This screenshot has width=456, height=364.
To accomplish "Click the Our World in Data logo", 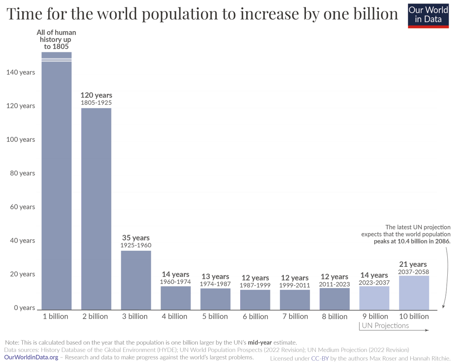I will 428,16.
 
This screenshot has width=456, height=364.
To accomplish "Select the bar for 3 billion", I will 136,280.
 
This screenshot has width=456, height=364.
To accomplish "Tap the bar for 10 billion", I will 414,292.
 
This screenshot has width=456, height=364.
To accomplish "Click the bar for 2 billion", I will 96,209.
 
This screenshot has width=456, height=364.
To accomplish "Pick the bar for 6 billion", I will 255,299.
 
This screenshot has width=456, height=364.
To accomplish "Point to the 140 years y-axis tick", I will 21,72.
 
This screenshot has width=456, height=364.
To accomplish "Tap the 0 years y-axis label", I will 22,308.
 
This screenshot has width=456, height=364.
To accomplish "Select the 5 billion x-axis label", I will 215,317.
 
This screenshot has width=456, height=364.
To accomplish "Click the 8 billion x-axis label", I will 334,317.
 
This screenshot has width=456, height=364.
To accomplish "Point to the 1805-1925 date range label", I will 96,103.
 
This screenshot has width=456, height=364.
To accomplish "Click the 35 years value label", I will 136,238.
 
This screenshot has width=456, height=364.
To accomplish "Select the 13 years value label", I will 215,276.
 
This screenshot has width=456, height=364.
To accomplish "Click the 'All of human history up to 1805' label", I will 56,40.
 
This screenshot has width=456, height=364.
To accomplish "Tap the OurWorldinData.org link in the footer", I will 31,358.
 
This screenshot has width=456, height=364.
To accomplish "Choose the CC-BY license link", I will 320,358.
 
